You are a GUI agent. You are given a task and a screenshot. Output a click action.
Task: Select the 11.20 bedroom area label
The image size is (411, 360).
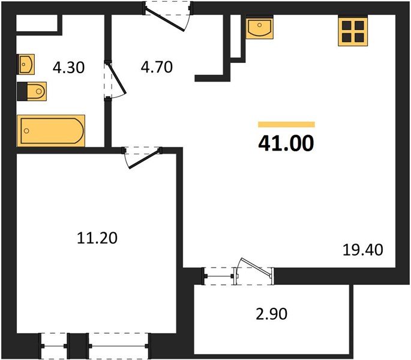point(98,238)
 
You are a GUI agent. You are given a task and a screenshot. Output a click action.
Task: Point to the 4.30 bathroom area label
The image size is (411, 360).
point(68,68)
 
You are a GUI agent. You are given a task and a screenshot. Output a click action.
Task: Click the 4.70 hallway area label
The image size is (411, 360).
point(157,67)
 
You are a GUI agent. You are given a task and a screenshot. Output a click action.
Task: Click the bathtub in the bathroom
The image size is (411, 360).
point(50,130)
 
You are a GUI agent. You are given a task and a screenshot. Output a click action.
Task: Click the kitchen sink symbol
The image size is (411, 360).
point(259,27)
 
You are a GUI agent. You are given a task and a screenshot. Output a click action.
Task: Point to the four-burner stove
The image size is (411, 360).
point(353,31)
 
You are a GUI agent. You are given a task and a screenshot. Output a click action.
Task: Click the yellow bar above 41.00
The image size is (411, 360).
point(286,124)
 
